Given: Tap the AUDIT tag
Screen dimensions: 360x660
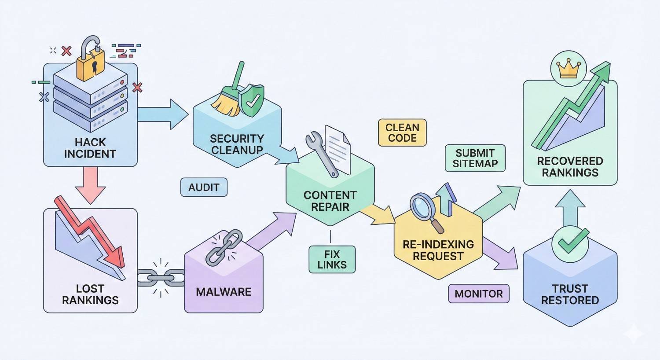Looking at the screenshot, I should pos(204,187).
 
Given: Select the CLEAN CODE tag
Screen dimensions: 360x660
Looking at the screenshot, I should pos(402,132).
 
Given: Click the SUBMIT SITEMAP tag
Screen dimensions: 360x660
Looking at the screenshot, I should pos(475,158).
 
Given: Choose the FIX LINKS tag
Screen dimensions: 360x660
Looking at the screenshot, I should pos(332,260).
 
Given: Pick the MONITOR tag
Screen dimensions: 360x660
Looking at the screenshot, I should pos(478,294).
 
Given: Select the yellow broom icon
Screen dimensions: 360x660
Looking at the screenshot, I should pos(227,99).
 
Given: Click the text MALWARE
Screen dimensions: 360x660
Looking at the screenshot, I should pos(224,292).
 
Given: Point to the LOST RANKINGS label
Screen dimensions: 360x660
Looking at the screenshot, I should pos(90,294).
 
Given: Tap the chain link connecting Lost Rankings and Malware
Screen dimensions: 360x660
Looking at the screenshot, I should pos(161,278).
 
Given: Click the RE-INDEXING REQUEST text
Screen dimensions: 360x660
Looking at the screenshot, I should pos(438,250).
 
